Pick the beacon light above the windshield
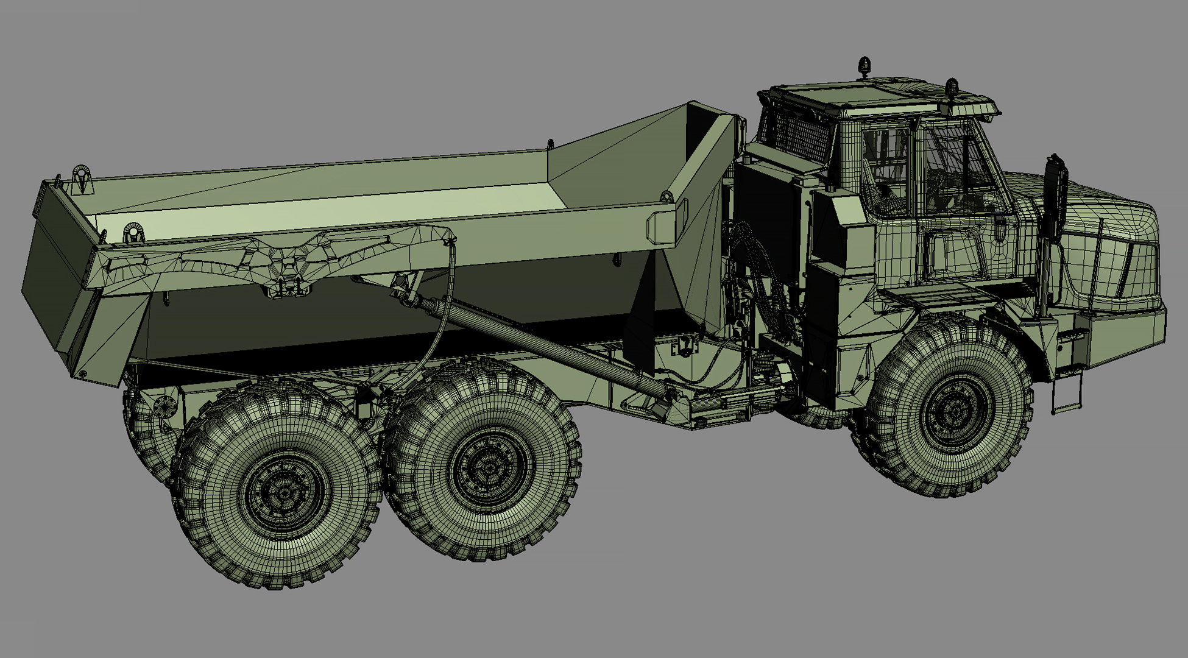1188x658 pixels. [951, 89]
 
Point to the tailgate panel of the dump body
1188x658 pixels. [58, 280]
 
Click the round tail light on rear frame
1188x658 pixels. [163, 406]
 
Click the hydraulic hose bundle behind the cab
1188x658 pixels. [758, 268]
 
